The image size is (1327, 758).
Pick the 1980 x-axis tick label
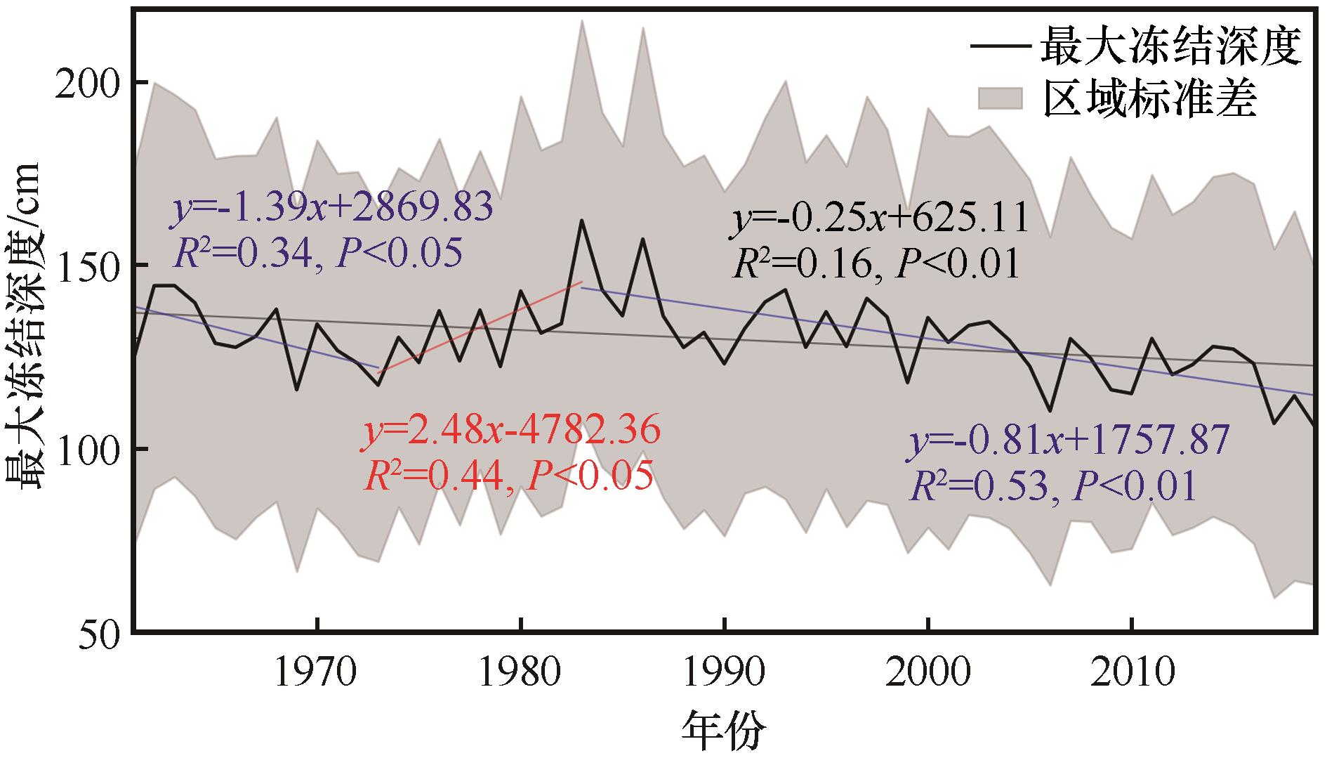click(520, 674)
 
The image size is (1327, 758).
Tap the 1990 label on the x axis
click(724, 674)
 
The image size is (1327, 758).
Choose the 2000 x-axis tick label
click(927, 674)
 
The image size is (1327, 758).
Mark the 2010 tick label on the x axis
click(1131, 674)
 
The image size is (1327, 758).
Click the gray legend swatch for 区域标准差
click(1001, 99)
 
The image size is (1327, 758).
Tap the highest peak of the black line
click(582, 221)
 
